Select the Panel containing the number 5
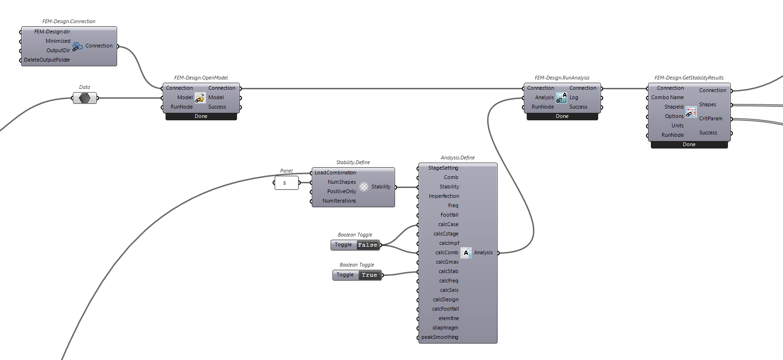click(286, 183)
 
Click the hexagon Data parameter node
click(85, 98)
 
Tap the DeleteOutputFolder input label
click(47, 60)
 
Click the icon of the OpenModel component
click(200, 98)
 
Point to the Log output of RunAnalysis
click(574, 97)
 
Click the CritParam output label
click(711, 118)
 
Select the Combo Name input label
click(667, 97)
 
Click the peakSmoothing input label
click(440, 337)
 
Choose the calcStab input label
click(448, 271)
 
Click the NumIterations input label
click(339, 201)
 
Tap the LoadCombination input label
click(335, 172)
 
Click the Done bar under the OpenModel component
click(201, 116)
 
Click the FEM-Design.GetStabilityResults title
click(689, 78)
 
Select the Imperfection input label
click(444, 196)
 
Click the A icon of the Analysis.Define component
click(466, 253)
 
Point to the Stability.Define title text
click(353, 162)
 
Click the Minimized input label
click(58, 41)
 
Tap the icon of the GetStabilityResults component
click(691, 112)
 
